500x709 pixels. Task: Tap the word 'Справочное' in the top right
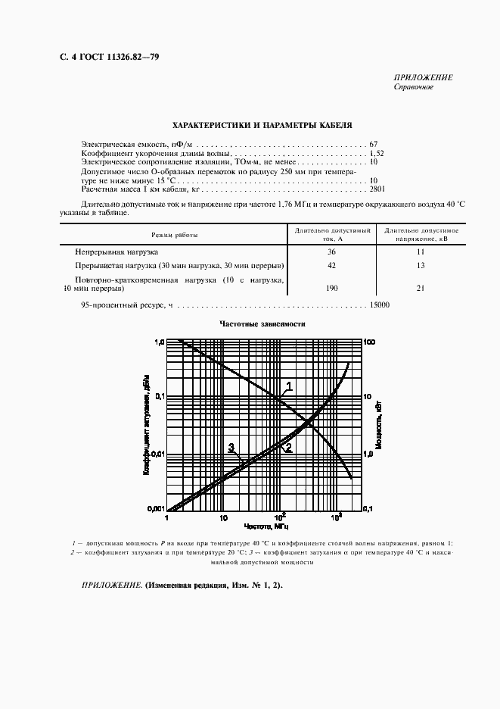point(413,87)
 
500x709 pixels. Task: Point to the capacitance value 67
point(374,144)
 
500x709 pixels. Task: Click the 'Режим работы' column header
point(174,235)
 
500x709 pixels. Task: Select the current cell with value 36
point(331,251)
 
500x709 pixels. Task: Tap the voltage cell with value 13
point(421,266)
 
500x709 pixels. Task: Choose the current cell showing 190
point(331,289)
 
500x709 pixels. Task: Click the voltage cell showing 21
point(421,289)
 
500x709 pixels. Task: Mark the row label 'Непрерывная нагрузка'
point(116,251)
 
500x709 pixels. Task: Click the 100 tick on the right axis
point(370,342)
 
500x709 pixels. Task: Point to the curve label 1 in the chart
point(289,386)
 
